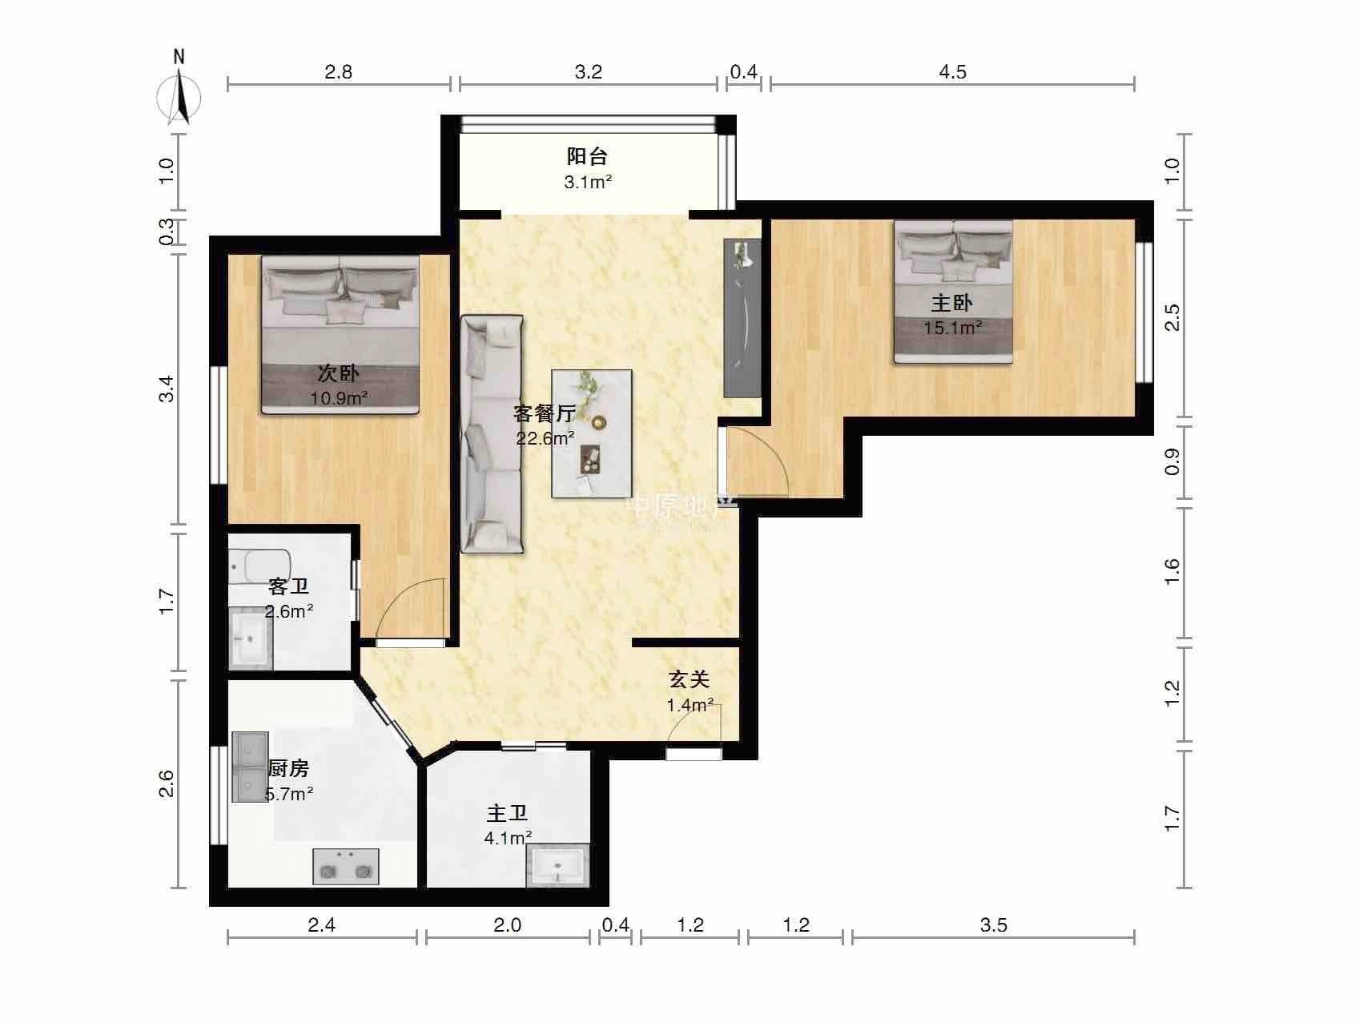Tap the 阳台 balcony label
pos(588,156)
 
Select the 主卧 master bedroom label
pos(951,303)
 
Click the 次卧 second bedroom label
pos(339,373)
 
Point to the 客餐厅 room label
pos(545,413)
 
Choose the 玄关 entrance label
pos(690,679)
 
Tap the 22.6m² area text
pos(545,438)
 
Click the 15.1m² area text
pos(953,327)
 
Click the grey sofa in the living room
pos(492,433)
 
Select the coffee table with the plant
pos(592,433)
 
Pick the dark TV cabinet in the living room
pos(742,317)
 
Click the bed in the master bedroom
pos(954,292)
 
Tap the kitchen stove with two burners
pos(345,866)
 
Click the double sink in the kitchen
pos(250,767)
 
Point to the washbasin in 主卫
pos(557,865)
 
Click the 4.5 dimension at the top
pos(952,72)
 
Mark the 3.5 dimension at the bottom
pos(993,925)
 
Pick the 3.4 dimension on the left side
pos(166,393)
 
